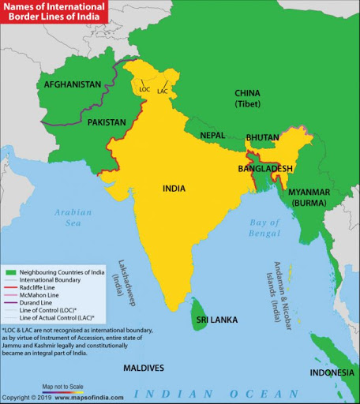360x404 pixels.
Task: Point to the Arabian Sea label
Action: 73,218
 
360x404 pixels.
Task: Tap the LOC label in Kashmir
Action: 144,89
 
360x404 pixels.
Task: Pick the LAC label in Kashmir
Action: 163,92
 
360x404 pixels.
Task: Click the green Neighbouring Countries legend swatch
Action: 9,271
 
